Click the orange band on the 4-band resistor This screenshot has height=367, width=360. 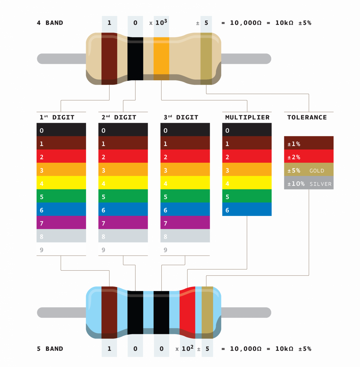click(161, 59)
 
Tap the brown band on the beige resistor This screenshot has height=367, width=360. click(109, 59)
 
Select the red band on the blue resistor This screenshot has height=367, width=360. click(187, 312)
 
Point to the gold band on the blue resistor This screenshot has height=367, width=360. click(207, 312)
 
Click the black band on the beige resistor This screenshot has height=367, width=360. click(135, 59)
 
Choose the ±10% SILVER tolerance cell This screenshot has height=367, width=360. click(309, 183)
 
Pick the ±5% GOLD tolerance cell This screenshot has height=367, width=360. click(309, 170)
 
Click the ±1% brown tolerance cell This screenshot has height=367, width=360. click(309, 143)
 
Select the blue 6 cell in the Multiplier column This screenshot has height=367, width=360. click(247, 210)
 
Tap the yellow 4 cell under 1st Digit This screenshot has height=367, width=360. click(61, 183)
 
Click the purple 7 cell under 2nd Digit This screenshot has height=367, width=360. click(123, 223)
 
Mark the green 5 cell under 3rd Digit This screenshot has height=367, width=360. click(185, 196)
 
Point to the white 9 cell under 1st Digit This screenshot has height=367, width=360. click(61, 249)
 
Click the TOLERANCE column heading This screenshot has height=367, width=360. click(307, 117)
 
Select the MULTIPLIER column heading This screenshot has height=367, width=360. click(247, 117)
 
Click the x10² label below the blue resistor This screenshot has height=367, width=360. click(185, 348)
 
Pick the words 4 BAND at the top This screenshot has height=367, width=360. click(50, 23)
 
